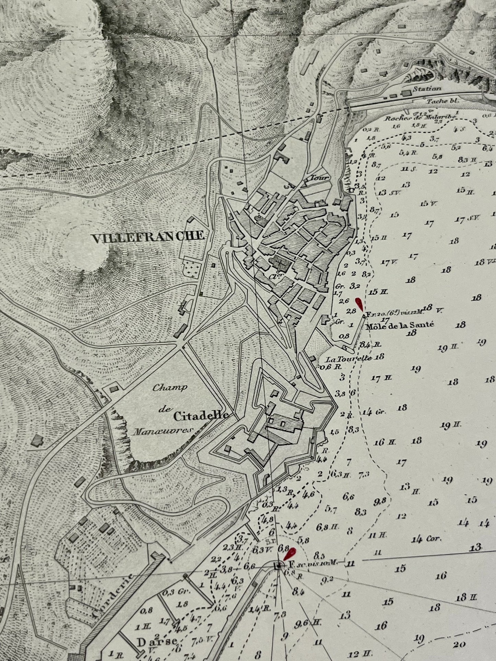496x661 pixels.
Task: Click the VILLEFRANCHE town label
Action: coord(148,237)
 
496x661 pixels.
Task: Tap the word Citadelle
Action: coord(201,416)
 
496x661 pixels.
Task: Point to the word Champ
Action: coord(170,388)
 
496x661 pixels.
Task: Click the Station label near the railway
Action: coord(427,89)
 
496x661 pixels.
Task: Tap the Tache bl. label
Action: coord(442,101)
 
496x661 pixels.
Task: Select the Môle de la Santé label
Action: coord(395,325)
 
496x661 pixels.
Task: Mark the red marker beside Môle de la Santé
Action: coord(359,304)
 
